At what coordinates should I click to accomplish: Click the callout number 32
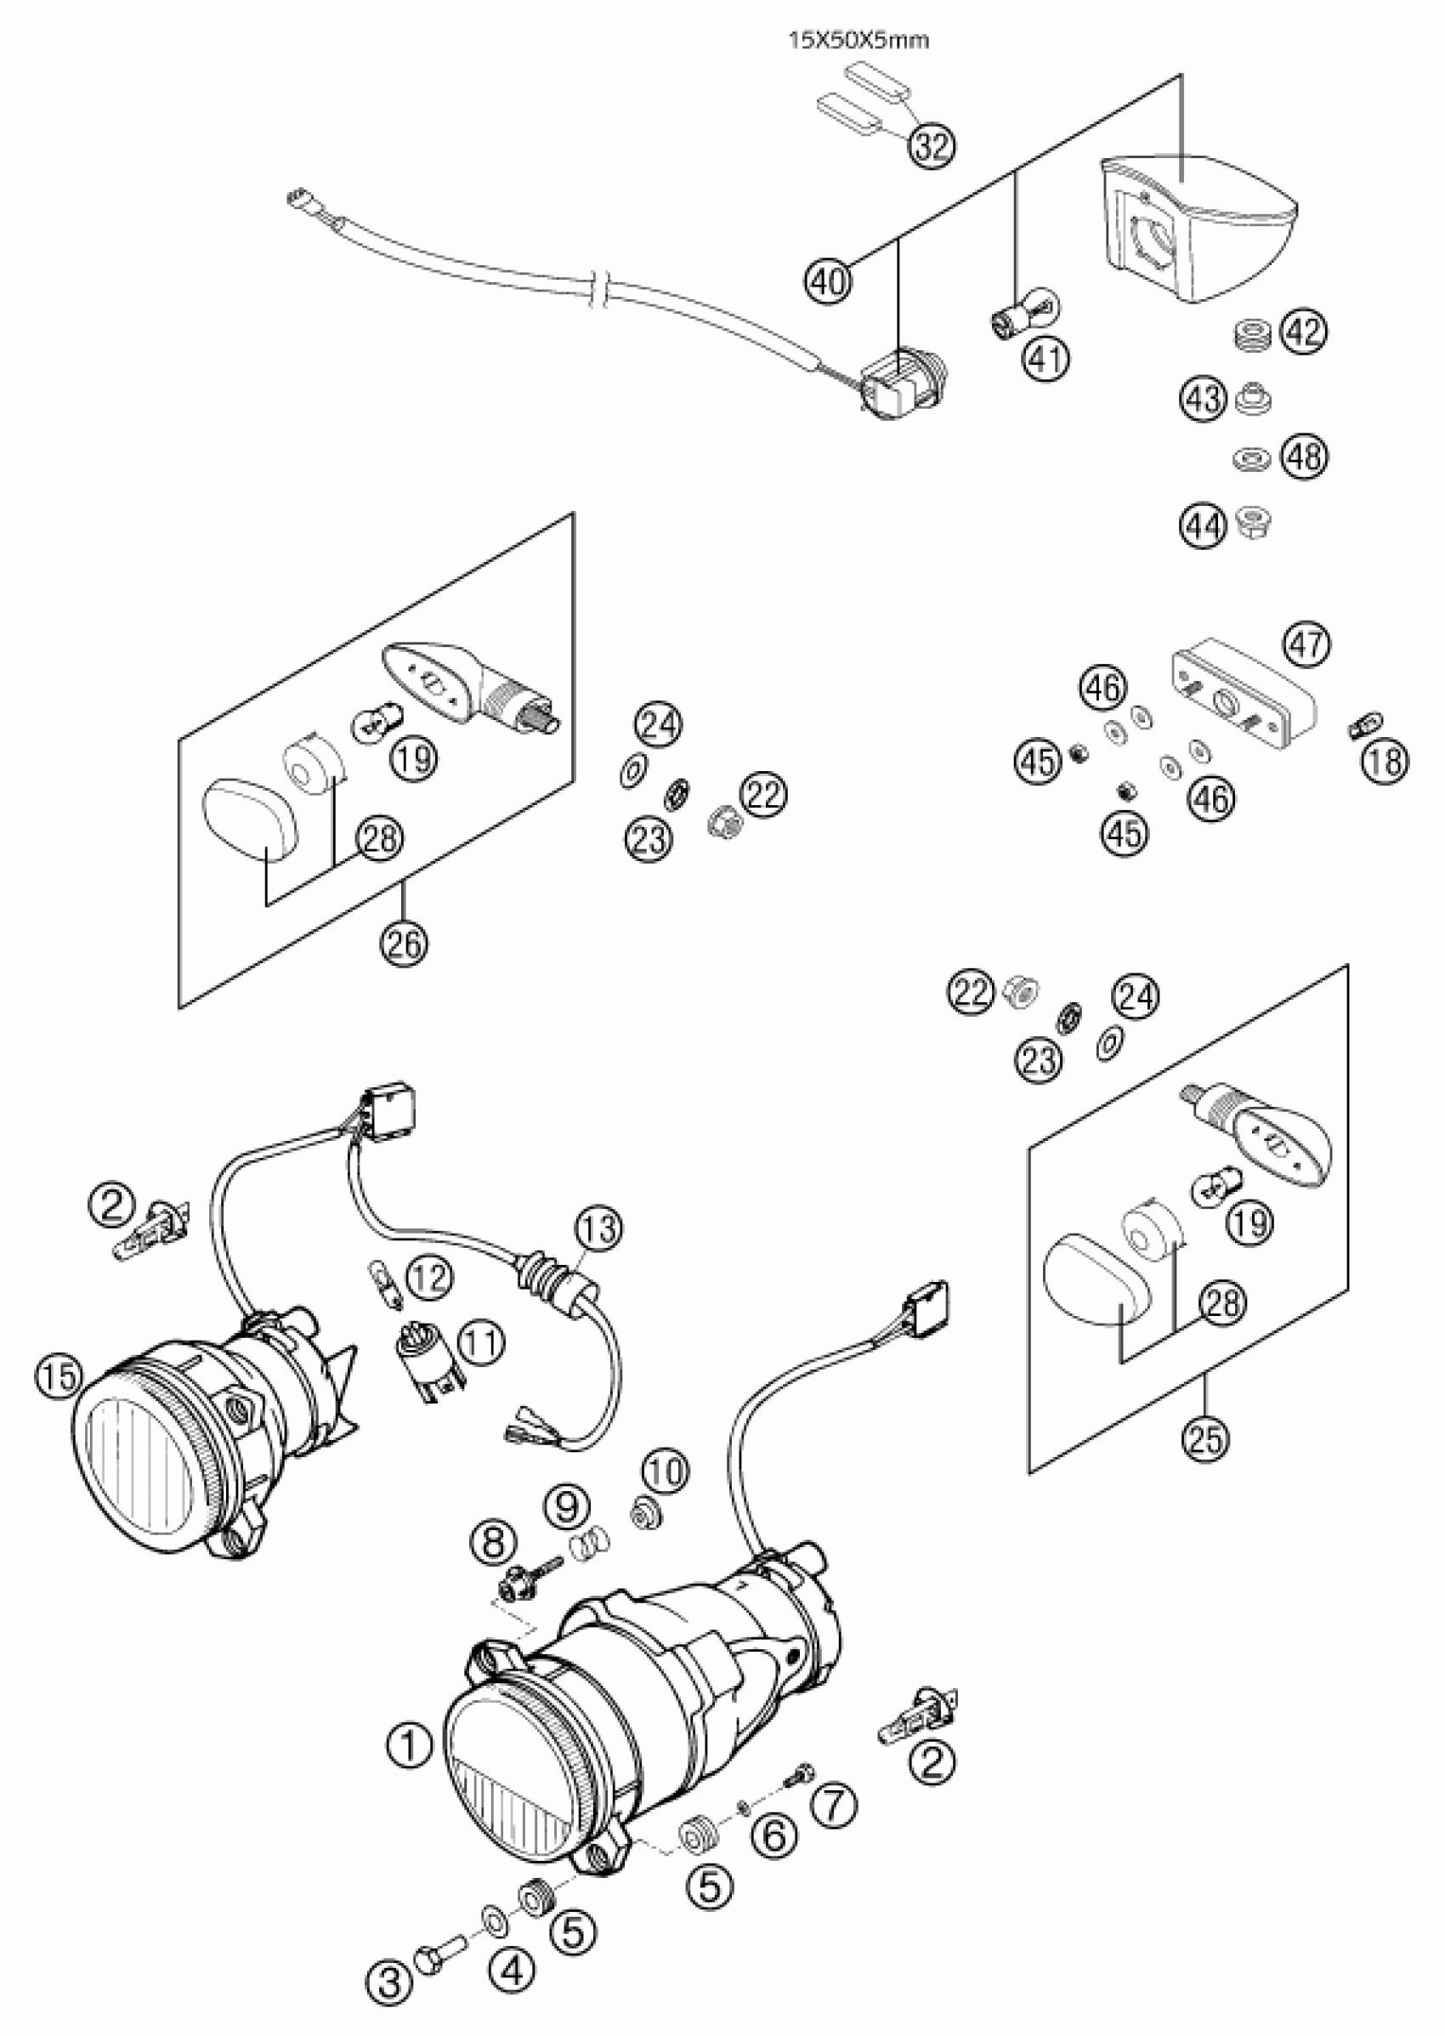tap(932, 146)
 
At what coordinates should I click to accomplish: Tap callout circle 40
tap(829, 281)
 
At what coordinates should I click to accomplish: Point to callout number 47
tap(1307, 644)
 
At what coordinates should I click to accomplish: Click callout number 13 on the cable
tap(598, 1229)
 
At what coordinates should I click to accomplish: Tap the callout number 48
tap(1304, 457)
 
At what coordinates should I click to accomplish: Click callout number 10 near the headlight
tap(666, 1472)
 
